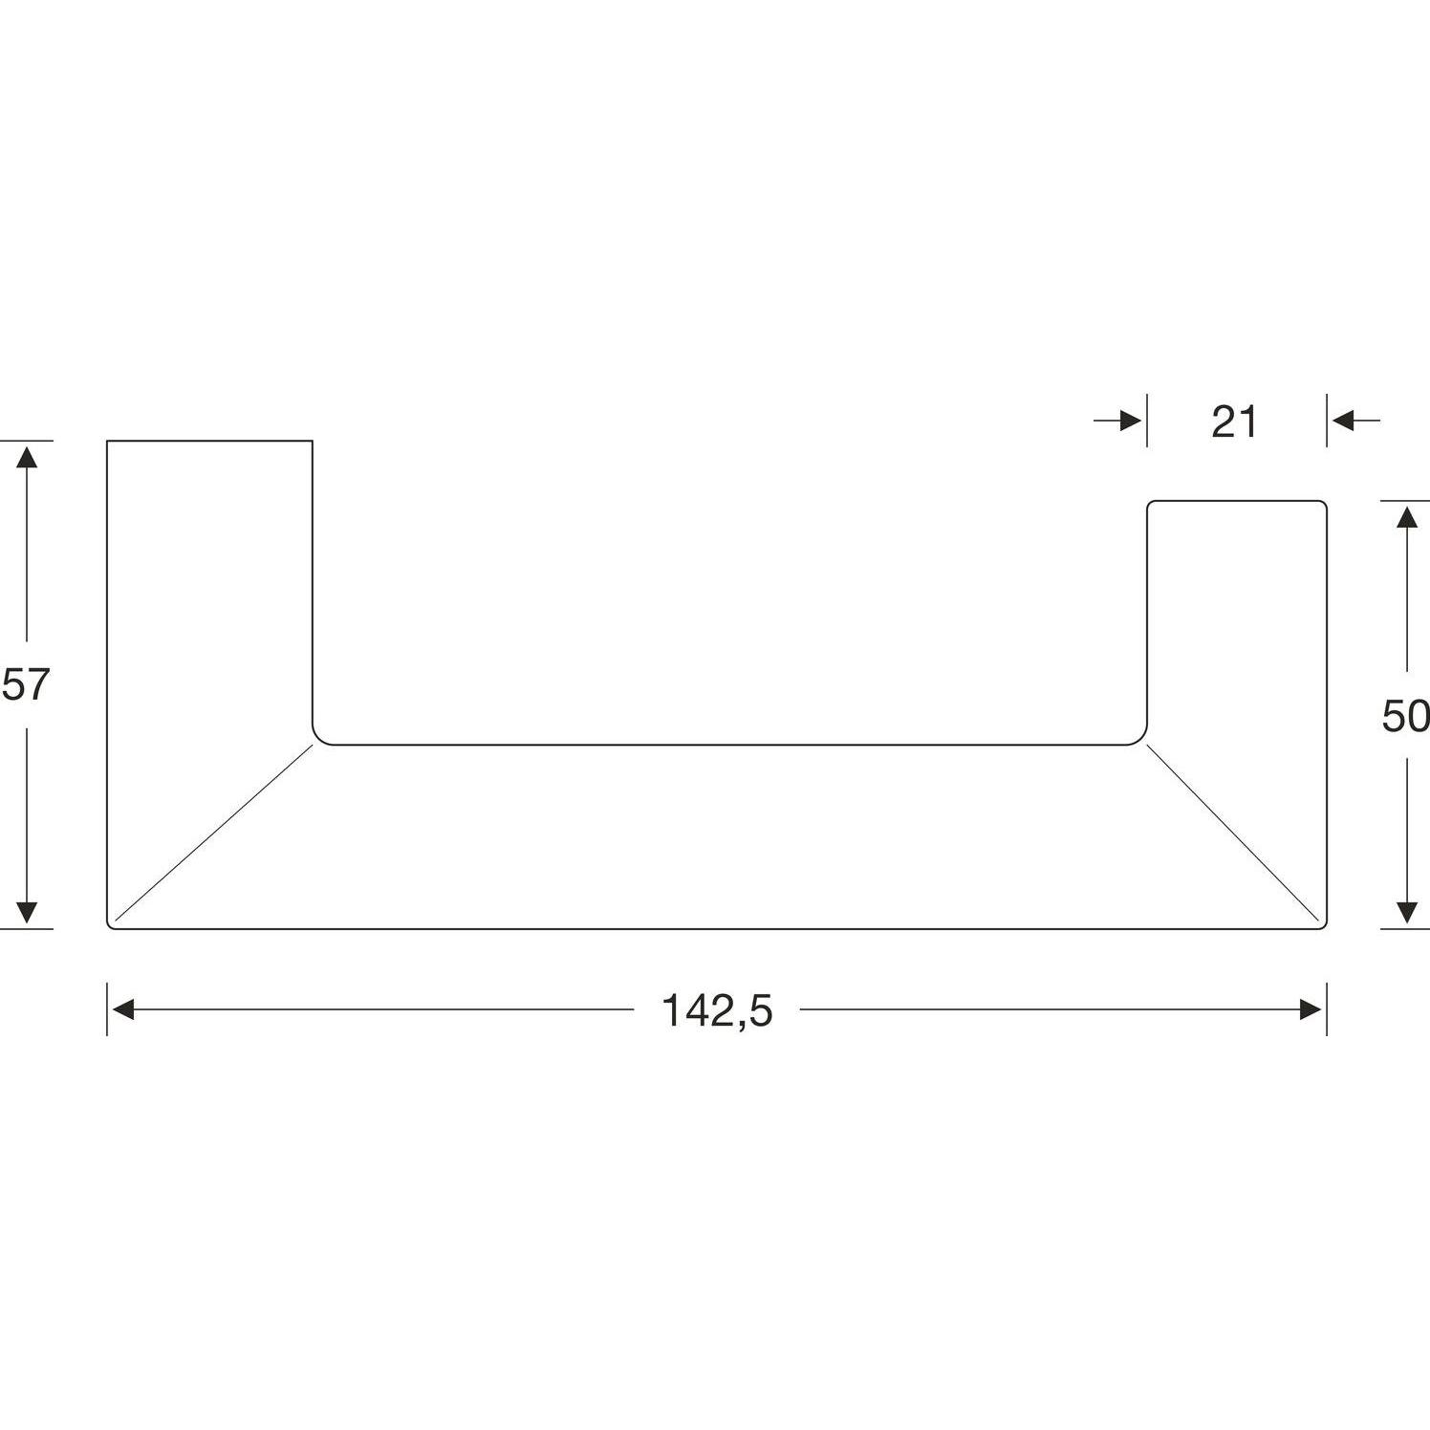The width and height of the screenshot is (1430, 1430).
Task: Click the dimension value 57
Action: pos(25,685)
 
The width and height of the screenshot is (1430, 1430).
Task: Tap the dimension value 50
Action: pos(1405,716)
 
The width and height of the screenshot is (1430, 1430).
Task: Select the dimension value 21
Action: pos(1235,422)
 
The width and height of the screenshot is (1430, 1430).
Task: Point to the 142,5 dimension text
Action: pos(717,1010)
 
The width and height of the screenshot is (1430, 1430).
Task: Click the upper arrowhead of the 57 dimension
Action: pos(27,455)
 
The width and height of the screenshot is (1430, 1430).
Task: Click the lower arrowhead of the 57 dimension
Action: pos(27,914)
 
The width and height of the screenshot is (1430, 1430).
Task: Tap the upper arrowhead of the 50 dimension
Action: pos(1406,515)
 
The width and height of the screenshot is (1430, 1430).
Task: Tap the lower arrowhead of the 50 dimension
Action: pos(1406,914)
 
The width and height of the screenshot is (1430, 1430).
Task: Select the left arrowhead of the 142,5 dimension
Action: pos(122,1009)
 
